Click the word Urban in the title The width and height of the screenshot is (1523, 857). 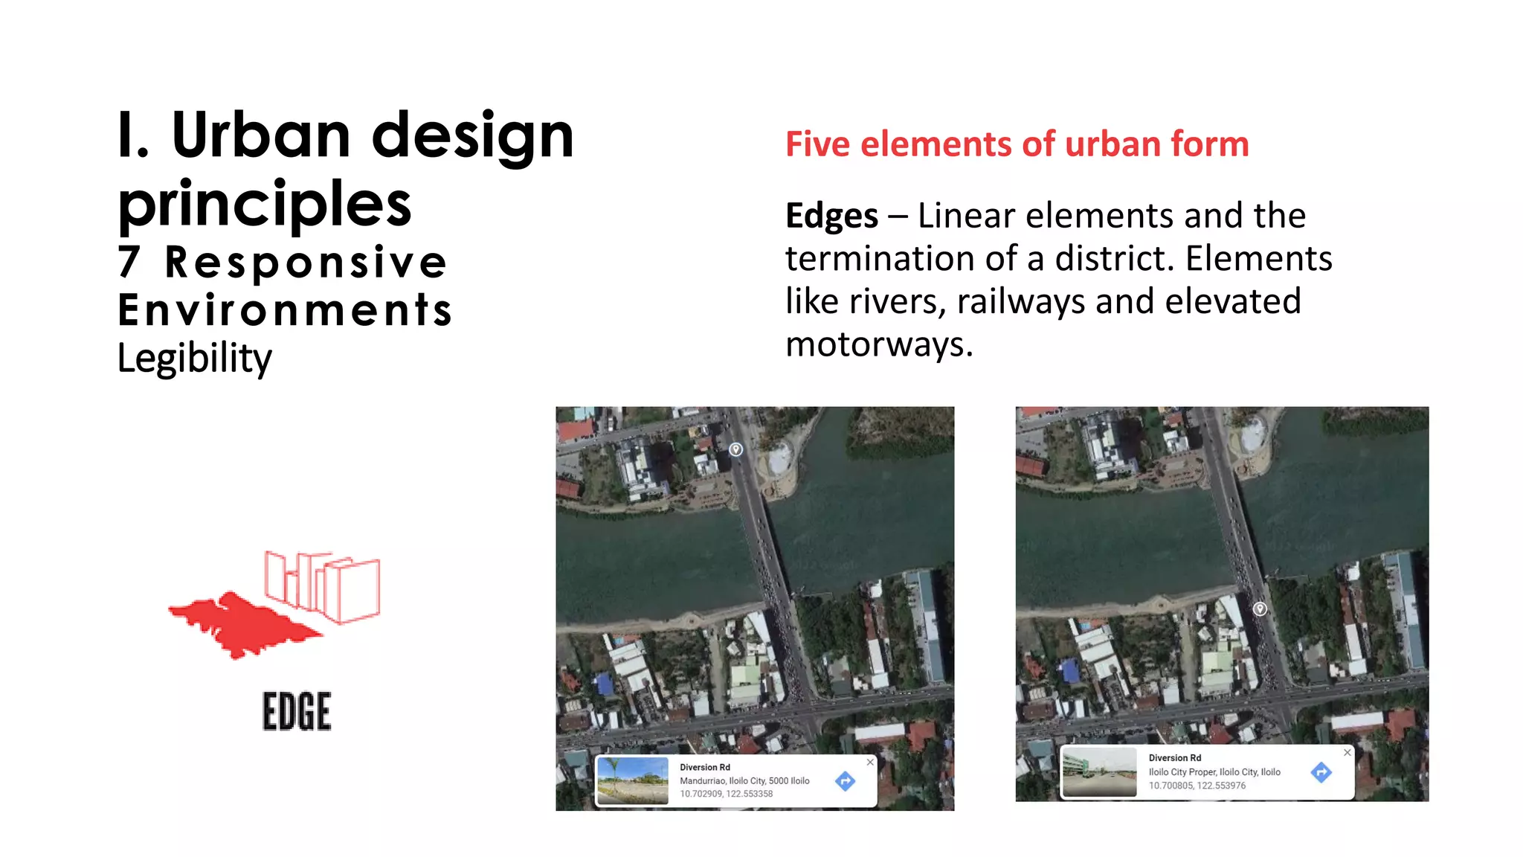click(x=260, y=136)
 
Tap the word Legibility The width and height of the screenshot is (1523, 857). click(x=195, y=359)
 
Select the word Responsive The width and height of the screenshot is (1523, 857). click(x=305, y=263)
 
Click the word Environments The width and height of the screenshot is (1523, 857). click(x=285, y=310)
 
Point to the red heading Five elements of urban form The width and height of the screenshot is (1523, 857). click(x=1017, y=144)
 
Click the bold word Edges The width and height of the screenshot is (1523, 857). click(x=831, y=216)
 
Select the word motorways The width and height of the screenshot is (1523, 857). click(x=878, y=345)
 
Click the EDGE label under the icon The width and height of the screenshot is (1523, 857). click(x=297, y=711)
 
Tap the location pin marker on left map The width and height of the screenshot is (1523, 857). click(x=735, y=449)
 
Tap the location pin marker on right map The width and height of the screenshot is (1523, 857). click(x=1260, y=609)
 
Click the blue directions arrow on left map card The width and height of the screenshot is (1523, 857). click(x=845, y=781)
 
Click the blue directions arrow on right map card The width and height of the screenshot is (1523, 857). click(x=1321, y=772)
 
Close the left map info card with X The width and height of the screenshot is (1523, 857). click(x=870, y=763)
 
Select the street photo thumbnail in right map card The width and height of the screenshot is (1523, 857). click(x=1099, y=772)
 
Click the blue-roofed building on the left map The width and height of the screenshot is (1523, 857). click(x=605, y=683)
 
